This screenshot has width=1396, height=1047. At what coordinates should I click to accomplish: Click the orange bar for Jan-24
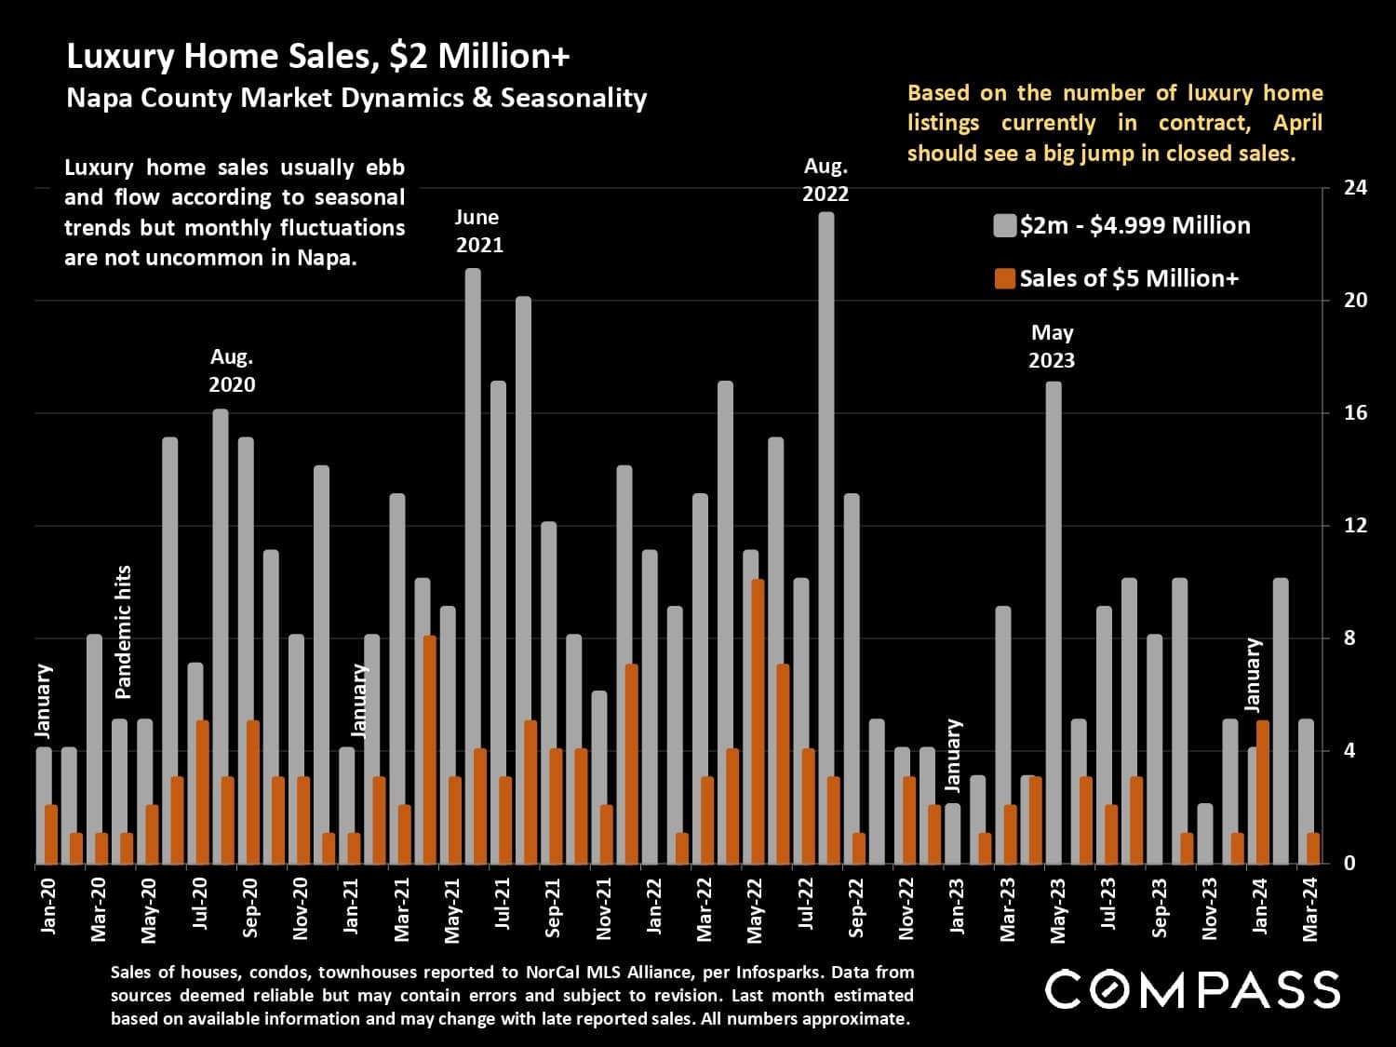[x=1263, y=791]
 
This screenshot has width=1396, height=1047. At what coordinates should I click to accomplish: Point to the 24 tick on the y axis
[x=1356, y=188]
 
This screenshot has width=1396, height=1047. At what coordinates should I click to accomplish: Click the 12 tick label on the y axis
[x=1356, y=526]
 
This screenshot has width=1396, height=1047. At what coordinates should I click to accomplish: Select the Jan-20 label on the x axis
[x=48, y=905]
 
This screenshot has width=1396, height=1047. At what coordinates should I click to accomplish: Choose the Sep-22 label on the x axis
[x=856, y=906]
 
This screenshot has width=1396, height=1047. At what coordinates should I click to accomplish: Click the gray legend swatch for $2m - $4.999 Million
[x=1004, y=226]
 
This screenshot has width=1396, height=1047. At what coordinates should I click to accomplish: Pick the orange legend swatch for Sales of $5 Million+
[x=1004, y=278]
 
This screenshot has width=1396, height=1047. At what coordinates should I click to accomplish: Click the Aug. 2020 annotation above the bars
[x=232, y=370]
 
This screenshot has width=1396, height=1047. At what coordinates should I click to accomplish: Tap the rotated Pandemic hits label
[x=123, y=632]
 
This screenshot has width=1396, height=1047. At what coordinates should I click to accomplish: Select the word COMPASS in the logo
[x=1192, y=989]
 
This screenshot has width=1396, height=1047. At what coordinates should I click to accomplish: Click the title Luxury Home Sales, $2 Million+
[x=317, y=57]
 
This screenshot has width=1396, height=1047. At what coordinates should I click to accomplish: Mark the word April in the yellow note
[x=1297, y=123]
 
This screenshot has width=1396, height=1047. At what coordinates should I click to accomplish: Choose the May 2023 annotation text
[x=1052, y=346]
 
